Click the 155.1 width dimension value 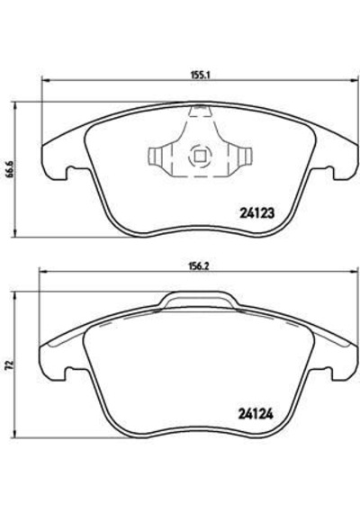click(200, 76)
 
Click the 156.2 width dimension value click(200, 266)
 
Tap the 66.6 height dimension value click(11, 169)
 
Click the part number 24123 click(256, 213)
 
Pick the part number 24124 click(256, 415)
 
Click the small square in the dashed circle click(200, 156)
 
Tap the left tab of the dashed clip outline click(160, 157)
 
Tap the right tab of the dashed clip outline click(240, 156)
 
